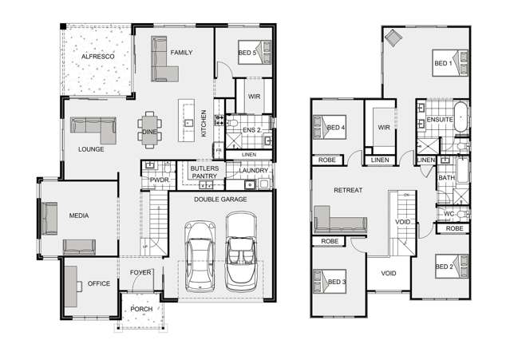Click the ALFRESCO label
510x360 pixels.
(99, 57)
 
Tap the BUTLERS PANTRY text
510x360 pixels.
(206, 172)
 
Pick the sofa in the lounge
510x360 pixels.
(94, 125)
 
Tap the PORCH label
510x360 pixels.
(141, 310)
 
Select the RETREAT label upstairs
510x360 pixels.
(348, 191)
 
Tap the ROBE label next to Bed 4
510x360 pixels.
(328, 160)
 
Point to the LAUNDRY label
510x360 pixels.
(253, 171)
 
